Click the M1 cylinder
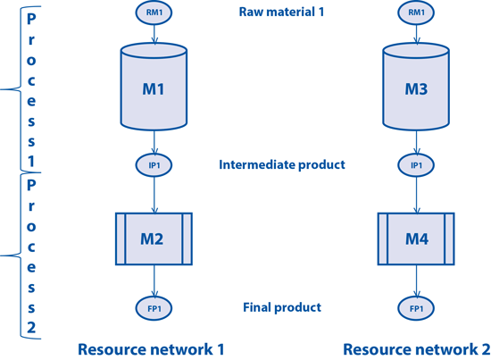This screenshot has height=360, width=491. click(154, 87)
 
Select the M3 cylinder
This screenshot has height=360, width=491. click(416, 87)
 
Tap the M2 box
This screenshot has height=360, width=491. click(154, 239)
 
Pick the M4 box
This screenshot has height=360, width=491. click(416, 239)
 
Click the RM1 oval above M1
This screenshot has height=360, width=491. click(154, 13)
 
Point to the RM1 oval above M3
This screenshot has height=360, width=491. click(416, 13)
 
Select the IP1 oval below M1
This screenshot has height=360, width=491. click(154, 164)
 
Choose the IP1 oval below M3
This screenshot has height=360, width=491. click(416, 164)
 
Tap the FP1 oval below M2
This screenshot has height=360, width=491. click(154, 308)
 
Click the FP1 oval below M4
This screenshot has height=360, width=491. click(416, 308)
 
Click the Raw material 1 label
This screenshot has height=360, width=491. click(281, 12)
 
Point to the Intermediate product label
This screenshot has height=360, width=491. click(282, 164)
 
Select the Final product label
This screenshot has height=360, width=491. click(282, 307)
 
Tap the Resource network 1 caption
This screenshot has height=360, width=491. click(151, 349)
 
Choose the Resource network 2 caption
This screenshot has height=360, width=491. click(417, 349)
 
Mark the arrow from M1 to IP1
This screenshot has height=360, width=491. click(154, 142)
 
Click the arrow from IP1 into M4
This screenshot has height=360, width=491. click(417, 195)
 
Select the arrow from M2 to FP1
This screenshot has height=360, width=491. click(154, 280)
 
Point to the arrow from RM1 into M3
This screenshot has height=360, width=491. click(417, 34)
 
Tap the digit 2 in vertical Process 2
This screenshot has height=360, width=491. click(31, 328)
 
